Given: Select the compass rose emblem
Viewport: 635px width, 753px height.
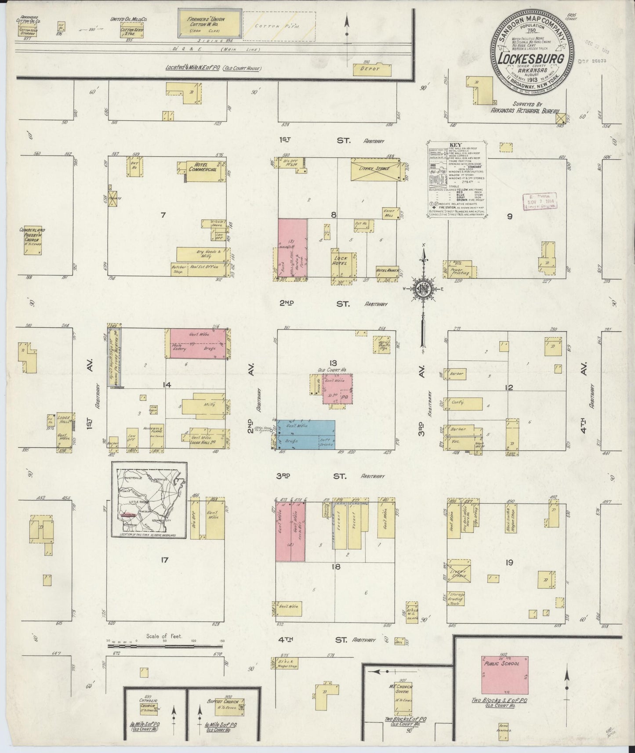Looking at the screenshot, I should coord(423,289).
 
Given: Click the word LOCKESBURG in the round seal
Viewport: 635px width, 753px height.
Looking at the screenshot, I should coord(533,57).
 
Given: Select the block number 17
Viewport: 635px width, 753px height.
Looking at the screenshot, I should coord(165,560).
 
